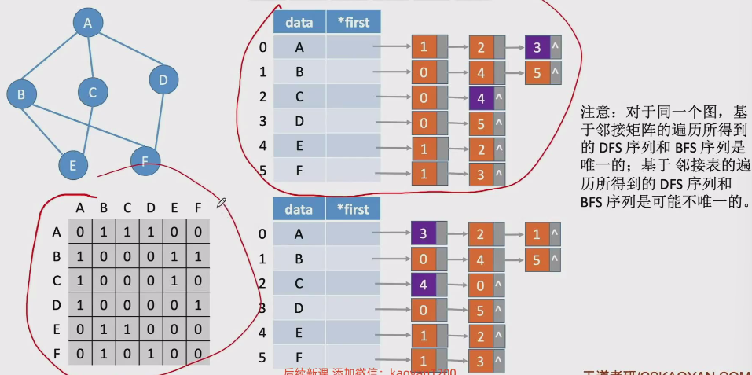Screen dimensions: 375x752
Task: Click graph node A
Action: pos(88,24)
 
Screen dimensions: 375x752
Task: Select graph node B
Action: pos(22,95)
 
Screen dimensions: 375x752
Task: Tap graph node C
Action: pos(92,93)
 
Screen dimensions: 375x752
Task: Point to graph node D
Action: pos(163,79)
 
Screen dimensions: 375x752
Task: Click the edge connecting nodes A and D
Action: pos(127,52)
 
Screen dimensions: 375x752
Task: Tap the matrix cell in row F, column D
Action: pos(149,353)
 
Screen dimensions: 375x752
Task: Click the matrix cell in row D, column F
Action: pos(198,304)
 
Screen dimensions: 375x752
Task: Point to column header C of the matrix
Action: pos(126,208)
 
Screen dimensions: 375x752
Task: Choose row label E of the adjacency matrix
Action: pos(56,329)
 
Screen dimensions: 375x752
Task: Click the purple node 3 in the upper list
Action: pos(537,47)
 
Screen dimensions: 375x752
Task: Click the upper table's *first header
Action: pos(352,23)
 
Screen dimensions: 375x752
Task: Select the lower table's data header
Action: pos(299,209)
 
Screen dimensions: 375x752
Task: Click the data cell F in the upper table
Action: pos(299,172)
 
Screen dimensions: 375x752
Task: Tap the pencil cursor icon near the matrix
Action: pos(222,204)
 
